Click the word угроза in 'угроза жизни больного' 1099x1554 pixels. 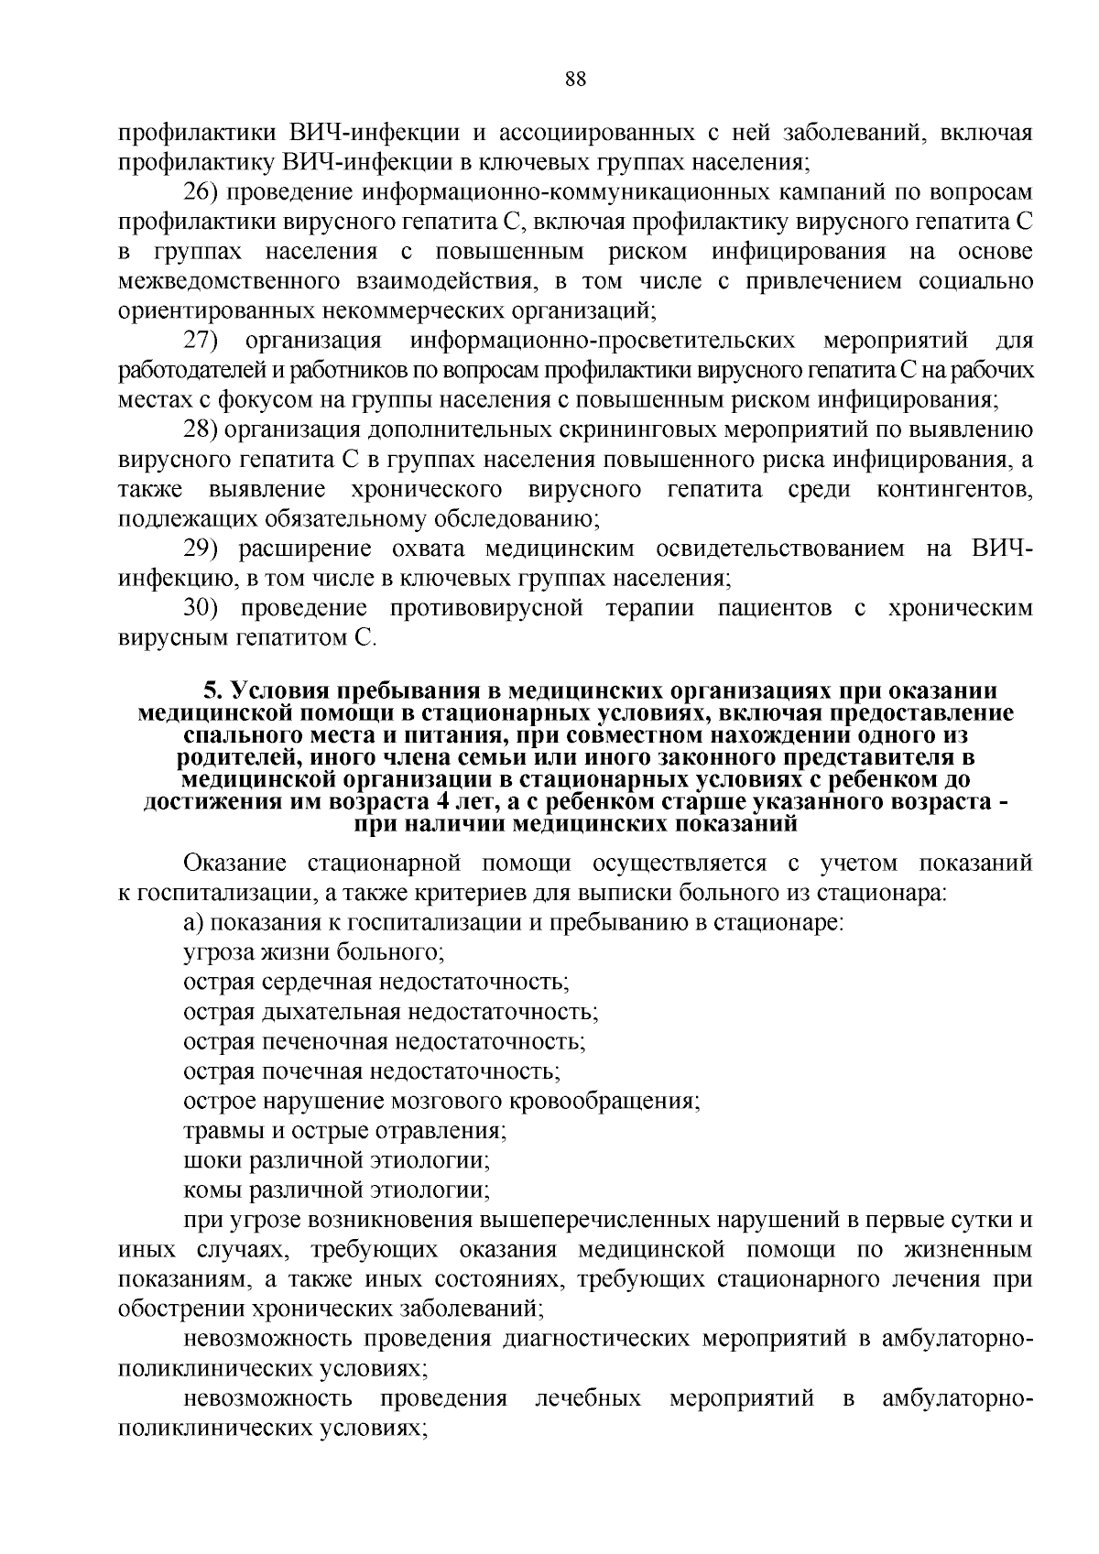coord(211,952)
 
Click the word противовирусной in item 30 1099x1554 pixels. coord(487,608)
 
